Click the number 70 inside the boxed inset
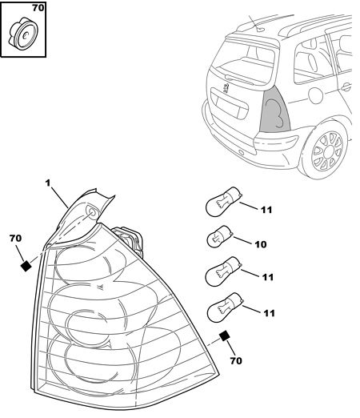tap(38, 8)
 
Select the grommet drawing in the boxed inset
tap(23, 34)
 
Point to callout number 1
tap(48, 183)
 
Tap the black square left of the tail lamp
tap(26, 266)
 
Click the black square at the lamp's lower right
tap(225, 336)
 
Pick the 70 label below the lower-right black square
tap(236, 360)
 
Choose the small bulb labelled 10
tap(220, 236)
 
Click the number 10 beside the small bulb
tap(261, 244)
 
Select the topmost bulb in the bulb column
tap(224, 202)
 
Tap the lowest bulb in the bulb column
tap(226, 307)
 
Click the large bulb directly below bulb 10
tap(224, 271)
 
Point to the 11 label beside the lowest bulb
tap(269, 313)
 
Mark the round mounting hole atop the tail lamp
tap(92, 212)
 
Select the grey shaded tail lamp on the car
tap(275, 112)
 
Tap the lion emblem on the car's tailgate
tap(226, 87)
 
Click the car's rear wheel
tap(327, 151)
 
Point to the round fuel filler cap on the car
tap(315, 95)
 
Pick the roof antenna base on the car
tap(261, 29)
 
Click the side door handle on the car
tap(346, 86)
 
